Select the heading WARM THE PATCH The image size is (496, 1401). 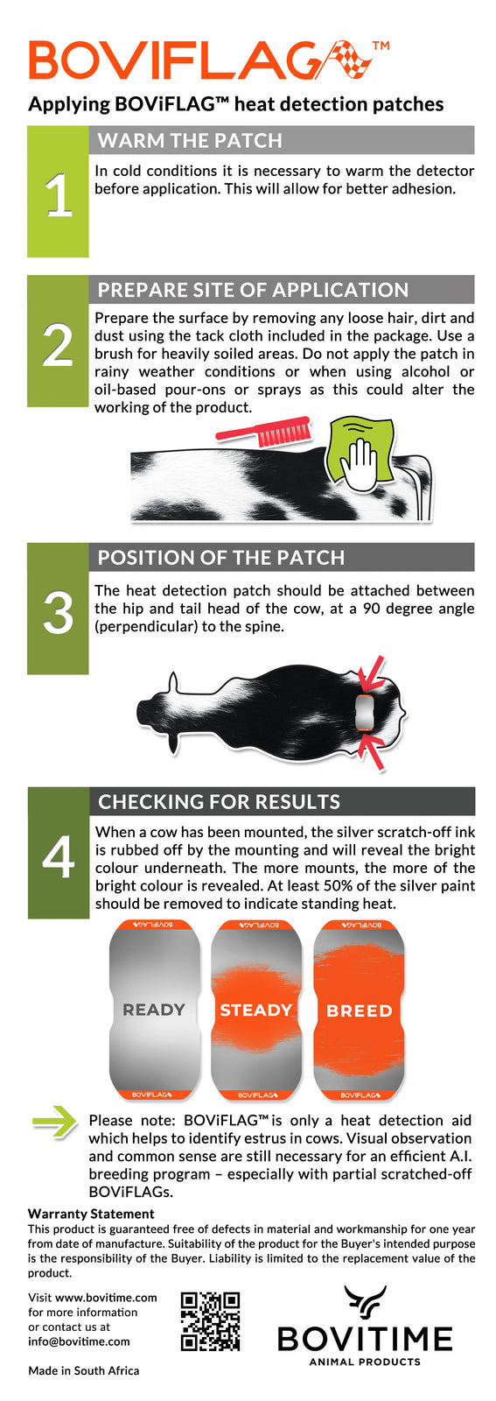[190, 140]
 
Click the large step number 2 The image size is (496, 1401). [58, 346]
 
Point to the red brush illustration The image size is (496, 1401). [263, 431]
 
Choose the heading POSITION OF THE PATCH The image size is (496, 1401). [221, 557]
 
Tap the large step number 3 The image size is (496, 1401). [58, 613]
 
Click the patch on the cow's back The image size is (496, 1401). [364, 713]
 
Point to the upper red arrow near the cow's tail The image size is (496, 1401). [373, 673]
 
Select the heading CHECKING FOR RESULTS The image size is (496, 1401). [220, 801]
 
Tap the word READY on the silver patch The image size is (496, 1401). [154, 1010]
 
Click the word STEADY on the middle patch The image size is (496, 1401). [256, 1010]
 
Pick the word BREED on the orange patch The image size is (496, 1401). [360, 1010]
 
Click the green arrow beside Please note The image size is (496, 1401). [55, 1122]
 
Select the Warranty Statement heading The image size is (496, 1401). [91, 1214]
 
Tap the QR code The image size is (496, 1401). [211, 1321]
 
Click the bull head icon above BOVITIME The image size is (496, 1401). [365, 1302]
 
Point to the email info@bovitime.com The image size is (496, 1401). [80, 1341]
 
